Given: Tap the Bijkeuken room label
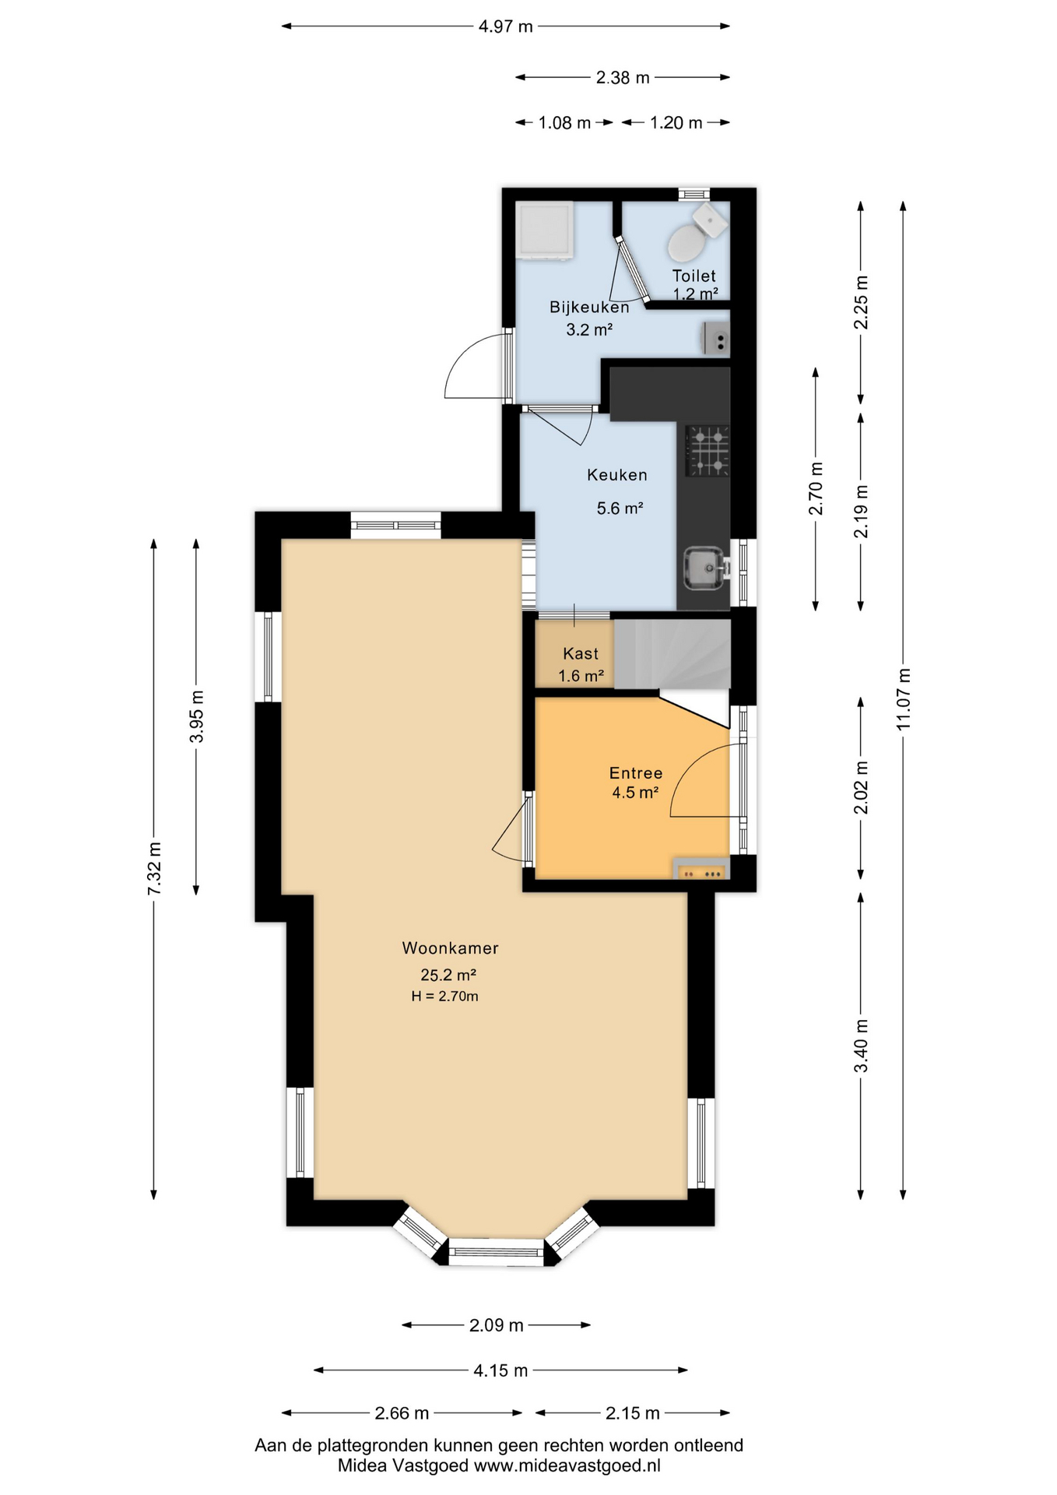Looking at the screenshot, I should point(588,307).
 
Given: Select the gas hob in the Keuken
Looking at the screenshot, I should point(707,450).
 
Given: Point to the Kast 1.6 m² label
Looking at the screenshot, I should point(581,664).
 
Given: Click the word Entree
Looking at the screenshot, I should point(635,773).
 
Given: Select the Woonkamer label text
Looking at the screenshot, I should point(450,948).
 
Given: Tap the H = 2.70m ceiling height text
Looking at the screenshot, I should point(444,996).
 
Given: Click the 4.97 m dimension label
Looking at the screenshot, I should point(505,26).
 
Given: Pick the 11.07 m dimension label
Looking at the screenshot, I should point(903,698).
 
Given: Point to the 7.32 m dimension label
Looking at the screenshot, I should point(154,868).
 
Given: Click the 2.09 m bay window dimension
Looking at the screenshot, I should point(496,1324).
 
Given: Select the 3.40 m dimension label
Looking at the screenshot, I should point(861,1045).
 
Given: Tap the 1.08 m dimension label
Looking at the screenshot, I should point(564,123).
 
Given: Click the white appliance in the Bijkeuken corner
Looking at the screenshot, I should point(545,230).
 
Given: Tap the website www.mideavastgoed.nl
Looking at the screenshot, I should point(567,1465).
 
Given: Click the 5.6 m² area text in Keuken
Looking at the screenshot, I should point(620,508).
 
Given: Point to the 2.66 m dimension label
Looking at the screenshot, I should point(402,1412).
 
